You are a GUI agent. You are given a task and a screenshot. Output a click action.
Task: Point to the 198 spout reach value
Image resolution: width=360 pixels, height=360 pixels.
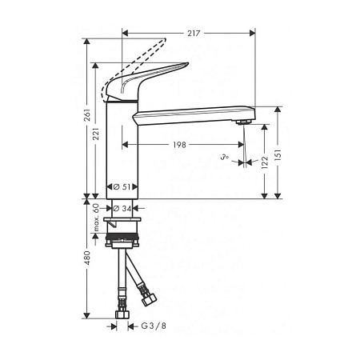point(180,145)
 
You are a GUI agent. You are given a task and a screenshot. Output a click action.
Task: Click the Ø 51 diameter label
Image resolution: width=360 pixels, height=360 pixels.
point(122,186)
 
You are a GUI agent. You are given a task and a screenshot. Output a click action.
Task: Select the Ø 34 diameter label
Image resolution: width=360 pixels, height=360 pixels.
point(122,209)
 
